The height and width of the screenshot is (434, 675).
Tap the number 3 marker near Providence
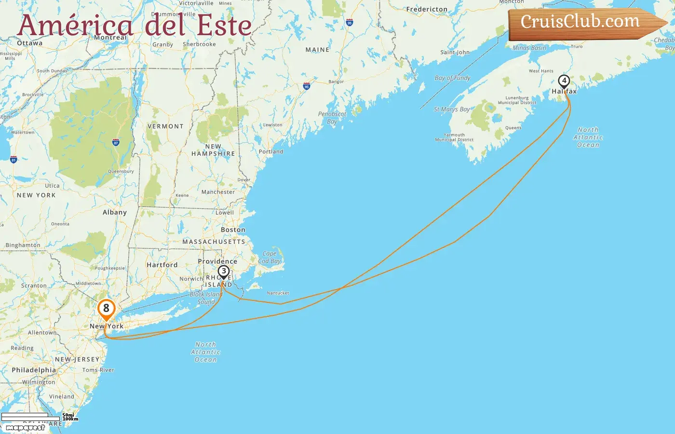point(224,271)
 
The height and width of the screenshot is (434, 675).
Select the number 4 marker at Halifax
point(564,81)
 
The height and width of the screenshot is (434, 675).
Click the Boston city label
point(233,230)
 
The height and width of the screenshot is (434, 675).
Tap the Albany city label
point(115,212)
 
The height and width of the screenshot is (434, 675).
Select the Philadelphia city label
point(34,370)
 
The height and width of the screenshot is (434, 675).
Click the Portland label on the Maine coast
point(271,151)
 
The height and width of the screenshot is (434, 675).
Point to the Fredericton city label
point(427,9)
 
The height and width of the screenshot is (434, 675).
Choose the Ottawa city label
point(29,43)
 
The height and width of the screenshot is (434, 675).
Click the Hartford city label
point(162,265)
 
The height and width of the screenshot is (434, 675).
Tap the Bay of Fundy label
point(452,78)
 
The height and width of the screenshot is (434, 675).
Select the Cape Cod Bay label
point(270,257)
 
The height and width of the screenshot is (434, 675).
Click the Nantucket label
point(278,293)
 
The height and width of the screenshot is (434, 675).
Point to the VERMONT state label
point(165,126)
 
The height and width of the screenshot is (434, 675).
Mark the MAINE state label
point(317,50)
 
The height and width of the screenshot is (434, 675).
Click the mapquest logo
point(25,427)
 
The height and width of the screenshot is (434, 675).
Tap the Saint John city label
point(455,52)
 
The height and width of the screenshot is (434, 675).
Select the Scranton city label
point(34,285)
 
